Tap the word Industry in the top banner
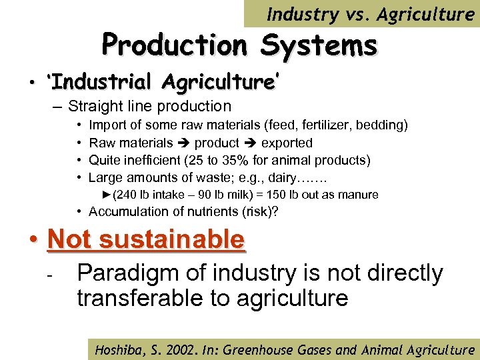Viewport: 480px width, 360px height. coord(300,14)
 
